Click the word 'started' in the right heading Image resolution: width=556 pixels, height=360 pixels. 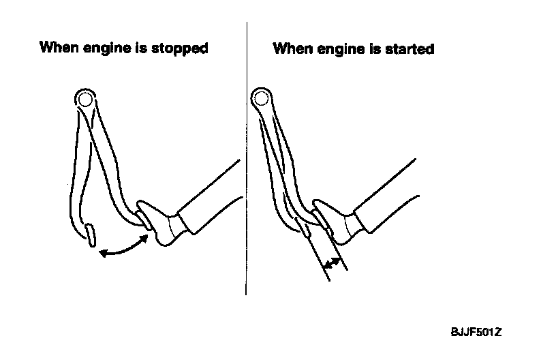click(410, 49)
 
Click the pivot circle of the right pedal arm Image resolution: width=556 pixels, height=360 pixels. click(260, 100)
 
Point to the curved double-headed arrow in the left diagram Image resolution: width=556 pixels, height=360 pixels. click(123, 248)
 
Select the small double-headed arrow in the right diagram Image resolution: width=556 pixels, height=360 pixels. click(332, 263)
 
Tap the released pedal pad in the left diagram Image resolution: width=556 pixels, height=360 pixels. click(89, 234)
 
